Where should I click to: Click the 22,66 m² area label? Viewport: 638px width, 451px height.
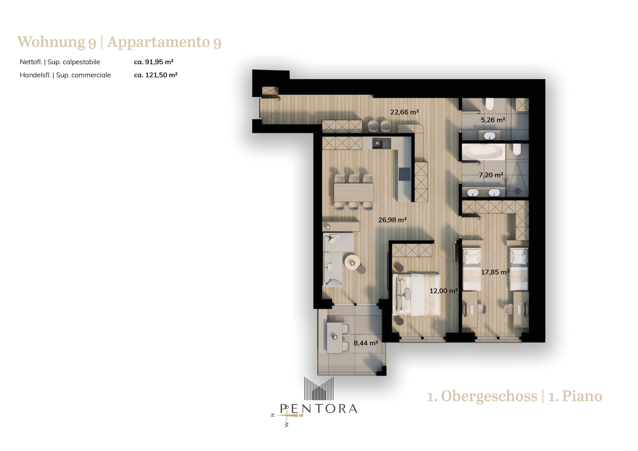404,112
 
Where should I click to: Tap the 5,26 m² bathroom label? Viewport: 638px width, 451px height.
493,120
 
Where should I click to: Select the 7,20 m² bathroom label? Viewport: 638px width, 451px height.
491,175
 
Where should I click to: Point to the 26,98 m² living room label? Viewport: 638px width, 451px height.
392,220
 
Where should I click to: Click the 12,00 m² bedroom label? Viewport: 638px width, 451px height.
444,291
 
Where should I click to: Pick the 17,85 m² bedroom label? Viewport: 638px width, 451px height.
495,272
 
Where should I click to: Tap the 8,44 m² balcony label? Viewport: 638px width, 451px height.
366,343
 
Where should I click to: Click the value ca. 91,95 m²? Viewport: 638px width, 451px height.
154,62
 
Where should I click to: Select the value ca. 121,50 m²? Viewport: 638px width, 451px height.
156,75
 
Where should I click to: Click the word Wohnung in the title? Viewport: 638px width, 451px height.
51,42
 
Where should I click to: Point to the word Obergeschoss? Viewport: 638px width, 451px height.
489,396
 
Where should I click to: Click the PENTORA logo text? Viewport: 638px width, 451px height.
319,409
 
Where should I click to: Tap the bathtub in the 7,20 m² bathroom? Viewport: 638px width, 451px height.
484,152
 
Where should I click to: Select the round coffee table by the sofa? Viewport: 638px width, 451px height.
352,262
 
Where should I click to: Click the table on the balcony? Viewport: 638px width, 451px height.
335,338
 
